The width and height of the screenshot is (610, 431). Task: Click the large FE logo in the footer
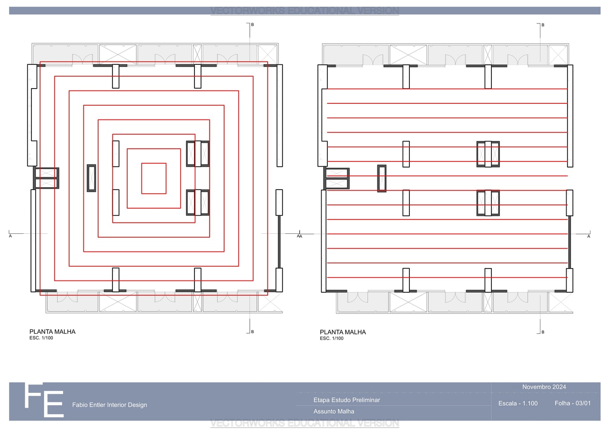[44, 400]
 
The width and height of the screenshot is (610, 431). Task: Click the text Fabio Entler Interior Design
[110, 405]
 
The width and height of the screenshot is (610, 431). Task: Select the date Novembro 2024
[544, 387]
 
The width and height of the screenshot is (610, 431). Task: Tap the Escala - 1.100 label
[518, 403]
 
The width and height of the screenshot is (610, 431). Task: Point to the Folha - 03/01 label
[573, 403]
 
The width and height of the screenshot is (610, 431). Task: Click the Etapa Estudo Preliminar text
[346, 400]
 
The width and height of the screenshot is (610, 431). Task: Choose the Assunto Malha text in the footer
[334, 411]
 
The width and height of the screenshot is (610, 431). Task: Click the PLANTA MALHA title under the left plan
[52, 331]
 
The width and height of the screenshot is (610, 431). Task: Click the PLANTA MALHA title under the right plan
[343, 332]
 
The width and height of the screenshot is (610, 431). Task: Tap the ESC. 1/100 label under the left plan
[41, 338]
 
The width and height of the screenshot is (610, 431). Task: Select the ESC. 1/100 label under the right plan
[331, 339]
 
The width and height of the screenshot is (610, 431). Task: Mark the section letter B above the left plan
[253, 24]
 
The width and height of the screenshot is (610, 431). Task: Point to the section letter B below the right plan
[543, 332]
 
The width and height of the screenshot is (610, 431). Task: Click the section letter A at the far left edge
[10, 236]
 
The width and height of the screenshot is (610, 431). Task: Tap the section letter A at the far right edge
[589, 236]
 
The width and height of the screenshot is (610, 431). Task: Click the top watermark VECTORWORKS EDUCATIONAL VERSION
[305, 10]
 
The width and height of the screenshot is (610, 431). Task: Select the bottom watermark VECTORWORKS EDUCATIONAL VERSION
[305, 423]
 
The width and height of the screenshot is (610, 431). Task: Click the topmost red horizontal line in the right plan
[447, 89]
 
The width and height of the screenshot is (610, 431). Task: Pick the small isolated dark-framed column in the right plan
[382, 179]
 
